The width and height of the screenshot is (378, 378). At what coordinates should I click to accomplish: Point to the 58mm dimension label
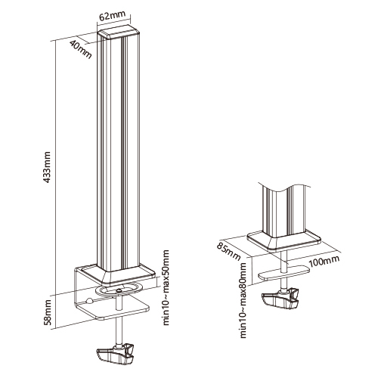pyautogui.click(x=48, y=311)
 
